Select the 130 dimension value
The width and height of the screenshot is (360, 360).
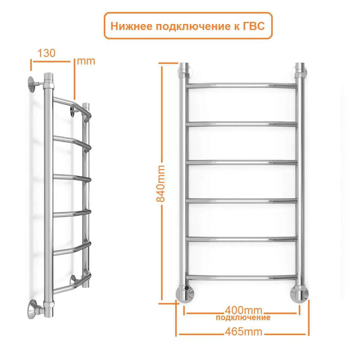click(46, 53)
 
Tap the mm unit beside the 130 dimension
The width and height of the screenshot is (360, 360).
click(86, 61)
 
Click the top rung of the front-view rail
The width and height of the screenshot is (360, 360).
click(242, 85)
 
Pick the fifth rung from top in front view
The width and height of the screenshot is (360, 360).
click(242, 239)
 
